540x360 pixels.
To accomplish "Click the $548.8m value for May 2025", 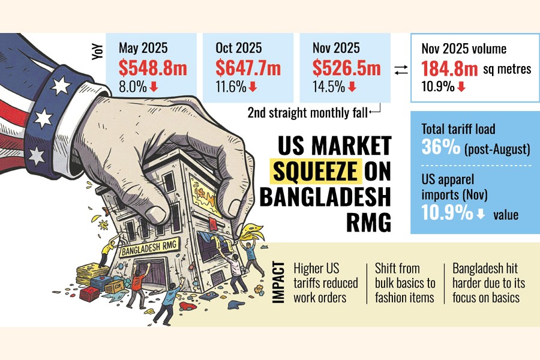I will tap(148, 68).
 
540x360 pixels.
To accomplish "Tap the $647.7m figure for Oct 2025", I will tap(248, 68).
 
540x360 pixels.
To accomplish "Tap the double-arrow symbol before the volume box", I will tap(401, 71).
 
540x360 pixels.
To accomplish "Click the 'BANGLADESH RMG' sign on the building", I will tap(144, 250).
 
